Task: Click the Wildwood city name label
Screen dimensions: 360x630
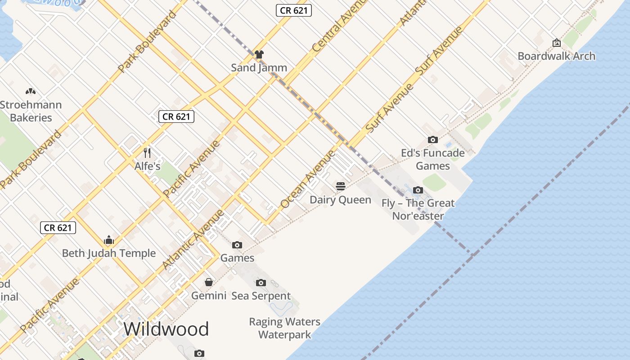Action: pyautogui.click(x=166, y=329)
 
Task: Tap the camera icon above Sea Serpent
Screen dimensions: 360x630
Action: pyautogui.click(x=261, y=283)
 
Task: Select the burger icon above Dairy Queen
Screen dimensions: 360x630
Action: pyautogui.click(x=340, y=186)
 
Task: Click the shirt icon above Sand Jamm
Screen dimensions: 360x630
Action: pyautogui.click(x=259, y=54)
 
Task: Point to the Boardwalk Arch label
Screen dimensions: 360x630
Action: pyautogui.click(x=556, y=56)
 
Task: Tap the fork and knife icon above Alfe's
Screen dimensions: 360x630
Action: pyautogui.click(x=147, y=153)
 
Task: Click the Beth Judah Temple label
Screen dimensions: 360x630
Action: pyautogui.click(x=109, y=253)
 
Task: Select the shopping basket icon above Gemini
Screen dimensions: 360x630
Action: pyautogui.click(x=209, y=282)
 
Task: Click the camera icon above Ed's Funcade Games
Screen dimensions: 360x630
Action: pyautogui.click(x=432, y=139)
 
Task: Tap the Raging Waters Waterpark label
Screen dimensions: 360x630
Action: pyautogui.click(x=285, y=328)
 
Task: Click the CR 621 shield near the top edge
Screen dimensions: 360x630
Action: pyautogui.click(x=294, y=10)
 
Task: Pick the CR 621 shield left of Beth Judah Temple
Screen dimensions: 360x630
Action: pyautogui.click(x=58, y=228)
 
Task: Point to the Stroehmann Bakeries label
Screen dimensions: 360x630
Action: pyautogui.click(x=31, y=111)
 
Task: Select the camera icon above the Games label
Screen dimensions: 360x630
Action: pyautogui.click(x=237, y=245)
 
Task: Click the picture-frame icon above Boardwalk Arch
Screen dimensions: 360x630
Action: pyautogui.click(x=556, y=43)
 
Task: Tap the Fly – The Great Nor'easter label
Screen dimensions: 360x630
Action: pyautogui.click(x=418, y=209)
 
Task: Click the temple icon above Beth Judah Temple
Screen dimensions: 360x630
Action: pyautogui.click(x=109, y=239)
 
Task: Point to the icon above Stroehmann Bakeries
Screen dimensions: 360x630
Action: pyautogui.click(x=30, y=91)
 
